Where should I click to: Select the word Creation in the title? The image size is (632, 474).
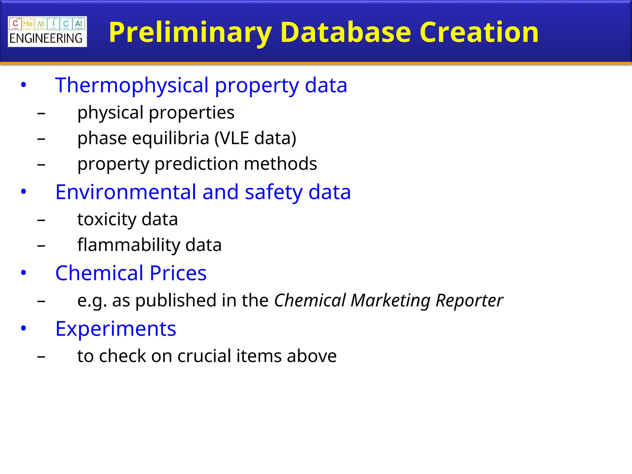tap(479, 32)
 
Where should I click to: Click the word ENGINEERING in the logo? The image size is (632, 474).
tap(46, 39)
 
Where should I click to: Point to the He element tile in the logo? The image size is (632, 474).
tap(28, 24)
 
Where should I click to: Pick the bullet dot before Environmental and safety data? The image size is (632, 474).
tap(23, 192)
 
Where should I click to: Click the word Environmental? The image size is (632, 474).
tap(126, 192)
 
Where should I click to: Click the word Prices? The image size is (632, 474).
tap(178, 273)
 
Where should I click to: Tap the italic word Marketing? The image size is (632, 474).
tap(390, 300)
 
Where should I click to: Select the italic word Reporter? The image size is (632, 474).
tap(469, 300)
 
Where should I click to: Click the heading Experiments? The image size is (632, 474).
tap(116, 329)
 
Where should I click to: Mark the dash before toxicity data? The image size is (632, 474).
tap(41, 220)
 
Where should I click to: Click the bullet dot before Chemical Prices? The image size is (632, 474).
tap(23, 272)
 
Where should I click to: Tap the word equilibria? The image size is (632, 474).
tap(171, 138)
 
